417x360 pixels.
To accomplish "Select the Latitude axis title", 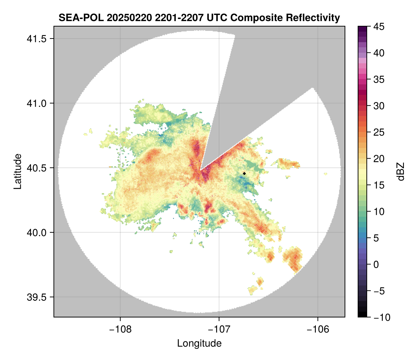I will coord(17,171).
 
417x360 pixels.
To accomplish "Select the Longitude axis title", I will coord(199,343).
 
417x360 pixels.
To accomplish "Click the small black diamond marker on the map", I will coord(245,173).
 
